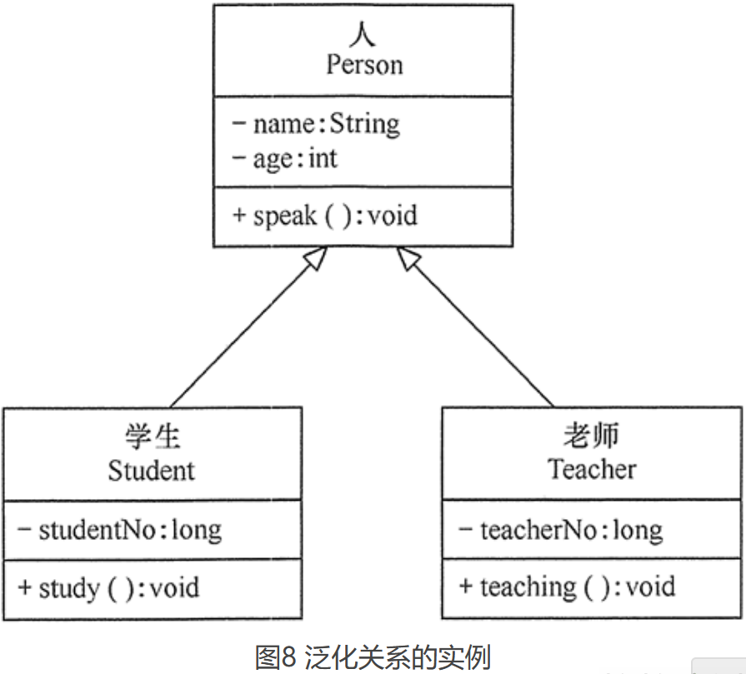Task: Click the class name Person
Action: (x=364, y=65)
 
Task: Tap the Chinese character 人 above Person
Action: (x=363, y=34)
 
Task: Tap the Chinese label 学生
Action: (x=152, y=437)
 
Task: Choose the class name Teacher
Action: (x=592, y=469)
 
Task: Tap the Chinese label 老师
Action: (x=591, y=437)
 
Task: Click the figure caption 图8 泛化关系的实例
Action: (x=373, y=657)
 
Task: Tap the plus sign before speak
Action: (x=239, y=216)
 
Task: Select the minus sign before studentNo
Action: (x=24, y=529)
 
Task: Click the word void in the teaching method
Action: (x=650, y=587)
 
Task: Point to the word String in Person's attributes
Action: (x=364, y=124)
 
